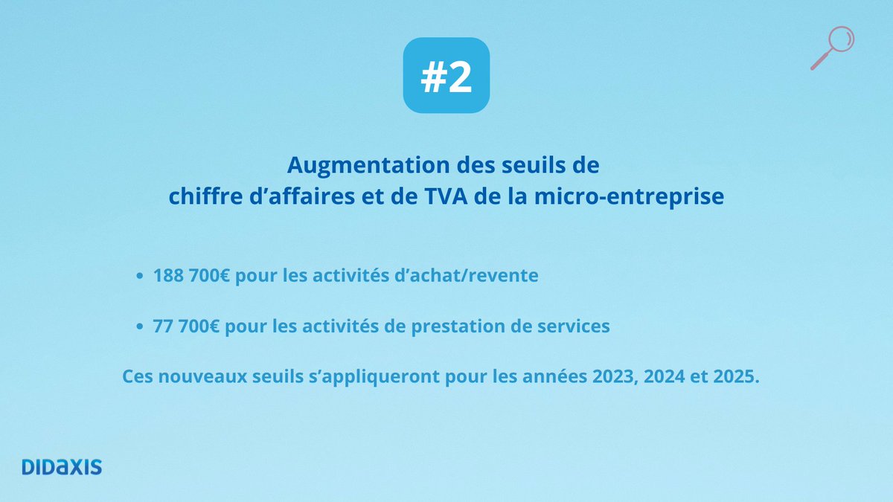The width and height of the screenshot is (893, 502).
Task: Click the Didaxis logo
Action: coord(62,467)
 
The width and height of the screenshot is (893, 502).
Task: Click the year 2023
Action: coord(615,376)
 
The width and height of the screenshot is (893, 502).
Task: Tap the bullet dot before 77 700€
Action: coord(140,326)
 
